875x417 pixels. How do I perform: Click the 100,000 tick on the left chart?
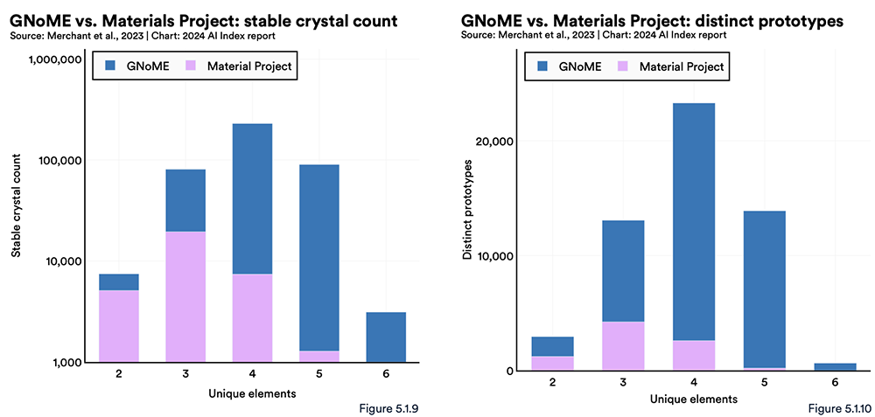pos(59,161)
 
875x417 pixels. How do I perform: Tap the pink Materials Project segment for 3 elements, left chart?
pos(185,296)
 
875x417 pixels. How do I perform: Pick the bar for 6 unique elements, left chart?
pos(386,337)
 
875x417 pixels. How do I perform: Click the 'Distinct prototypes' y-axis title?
pos(468,209)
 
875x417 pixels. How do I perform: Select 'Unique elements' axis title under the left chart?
pos(252,393)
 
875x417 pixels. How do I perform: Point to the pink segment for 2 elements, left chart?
pos(118,325)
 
